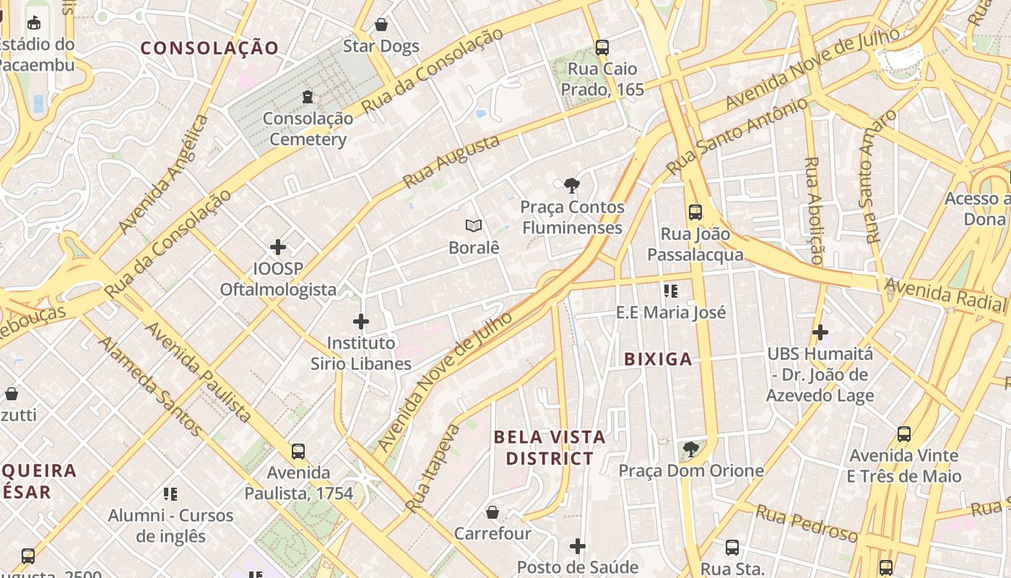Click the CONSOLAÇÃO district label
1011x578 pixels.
point(209,48)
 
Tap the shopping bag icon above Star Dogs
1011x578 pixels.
point(381,25)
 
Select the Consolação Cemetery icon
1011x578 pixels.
point(308,96)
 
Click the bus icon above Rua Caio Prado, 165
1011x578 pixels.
point(602,48)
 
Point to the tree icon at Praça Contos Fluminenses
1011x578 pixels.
point(572,186)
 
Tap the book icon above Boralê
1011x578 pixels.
point(474,226)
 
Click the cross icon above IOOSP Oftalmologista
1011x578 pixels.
point(278,247)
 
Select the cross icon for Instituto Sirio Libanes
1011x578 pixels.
point(361,322)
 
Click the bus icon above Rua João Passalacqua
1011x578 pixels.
point(695,212)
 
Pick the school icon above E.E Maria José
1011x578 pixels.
point(671,291)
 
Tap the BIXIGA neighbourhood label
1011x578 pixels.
point(658,359)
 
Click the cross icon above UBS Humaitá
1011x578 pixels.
point(820,332)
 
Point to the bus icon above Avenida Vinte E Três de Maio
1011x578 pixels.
point(904,434)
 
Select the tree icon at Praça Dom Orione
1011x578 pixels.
point(690,449)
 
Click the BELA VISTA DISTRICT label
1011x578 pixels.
point(550,447)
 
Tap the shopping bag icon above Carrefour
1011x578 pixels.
point(492,512)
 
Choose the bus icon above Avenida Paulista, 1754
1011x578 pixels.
point(298,452)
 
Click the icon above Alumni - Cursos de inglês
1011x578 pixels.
point(170,494)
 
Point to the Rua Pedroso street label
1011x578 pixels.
point(807,524)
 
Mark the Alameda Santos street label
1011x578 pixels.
point(150,387)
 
